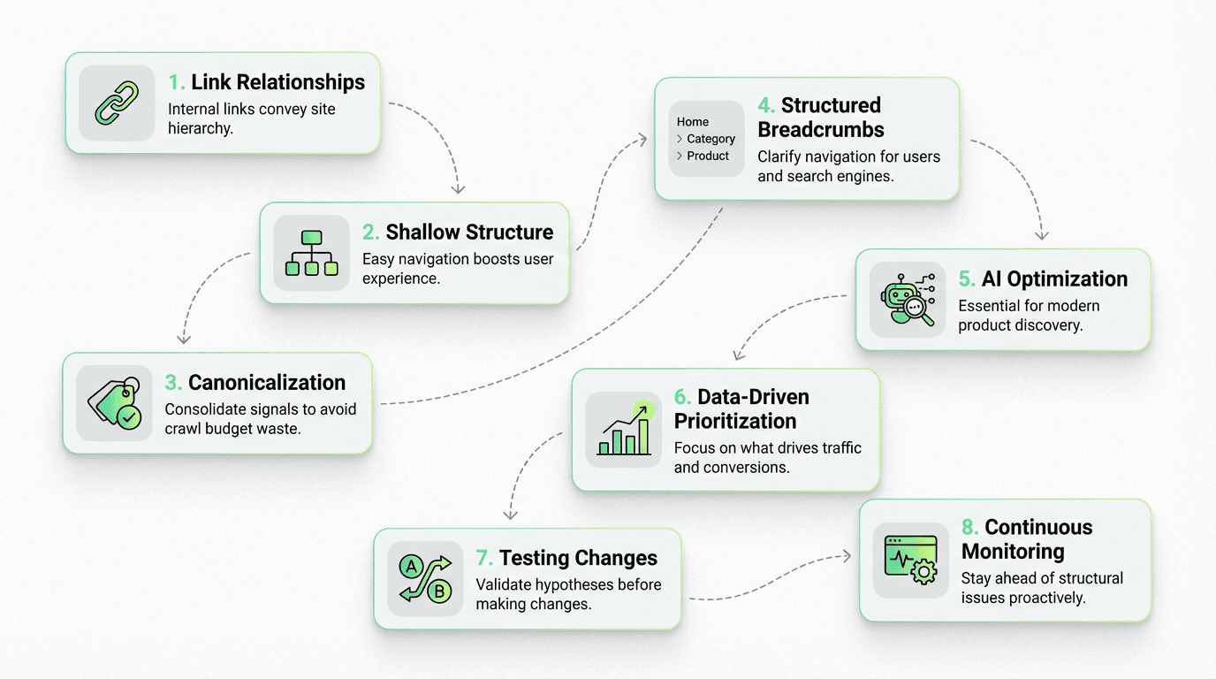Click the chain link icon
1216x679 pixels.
pos(117,103)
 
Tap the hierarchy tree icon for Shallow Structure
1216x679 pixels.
pos(312,253)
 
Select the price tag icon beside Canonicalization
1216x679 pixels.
pos(114,403)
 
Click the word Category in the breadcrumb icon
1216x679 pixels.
pos(711,139)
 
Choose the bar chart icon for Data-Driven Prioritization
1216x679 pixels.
pos(624,430)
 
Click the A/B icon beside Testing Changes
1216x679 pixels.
pos(425,578)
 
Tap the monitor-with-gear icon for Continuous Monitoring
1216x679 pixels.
pos(910,560)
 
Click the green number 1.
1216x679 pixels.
pos(176,82)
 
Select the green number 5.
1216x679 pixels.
pos(966,279)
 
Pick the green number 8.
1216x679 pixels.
pos(969,528)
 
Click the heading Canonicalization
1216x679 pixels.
pos(266,383)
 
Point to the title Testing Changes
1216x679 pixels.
pos(578,558)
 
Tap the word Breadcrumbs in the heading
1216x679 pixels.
pos(821,130)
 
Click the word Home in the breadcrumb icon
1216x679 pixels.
pos(693,122)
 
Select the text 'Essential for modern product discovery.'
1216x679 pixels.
pos(1029,316)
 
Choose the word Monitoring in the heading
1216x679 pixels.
pos(1013,552)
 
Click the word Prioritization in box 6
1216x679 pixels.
pos(735,422)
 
